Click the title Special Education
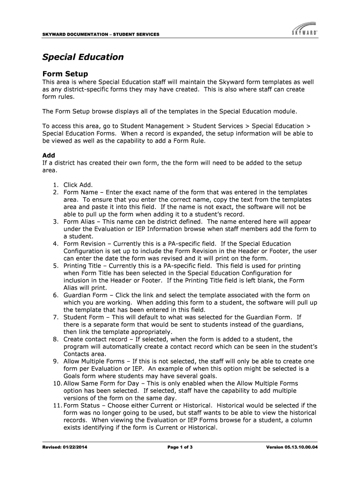tap(83, 57)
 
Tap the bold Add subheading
tap(49, 155)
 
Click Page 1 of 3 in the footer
tap(180, 448)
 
